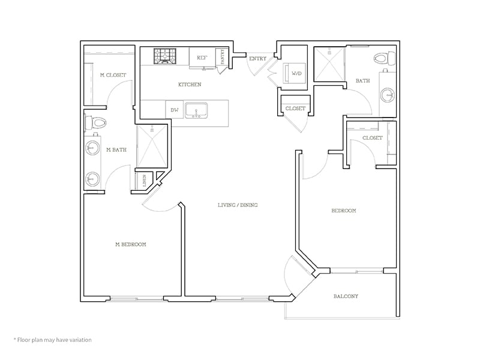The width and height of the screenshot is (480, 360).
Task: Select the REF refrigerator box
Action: pos(202,58)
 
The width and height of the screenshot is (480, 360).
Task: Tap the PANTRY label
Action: pos(223,57)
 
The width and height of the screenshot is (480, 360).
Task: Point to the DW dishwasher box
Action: pos(175,110)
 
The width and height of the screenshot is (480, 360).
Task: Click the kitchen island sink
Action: pos(196,110)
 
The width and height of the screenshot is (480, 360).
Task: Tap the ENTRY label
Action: pos(257,58)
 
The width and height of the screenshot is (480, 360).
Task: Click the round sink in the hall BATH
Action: pos(388,95)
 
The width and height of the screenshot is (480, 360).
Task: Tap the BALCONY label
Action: pos(346,296)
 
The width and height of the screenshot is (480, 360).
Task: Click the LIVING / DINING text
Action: pos(238,205)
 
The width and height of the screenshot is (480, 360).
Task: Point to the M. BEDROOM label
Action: pos(131,244)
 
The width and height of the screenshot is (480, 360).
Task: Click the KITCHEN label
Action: pos(190,85)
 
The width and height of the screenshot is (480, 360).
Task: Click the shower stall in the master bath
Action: pos(153,148)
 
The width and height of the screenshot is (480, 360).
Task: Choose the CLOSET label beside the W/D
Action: pos(295,109)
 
